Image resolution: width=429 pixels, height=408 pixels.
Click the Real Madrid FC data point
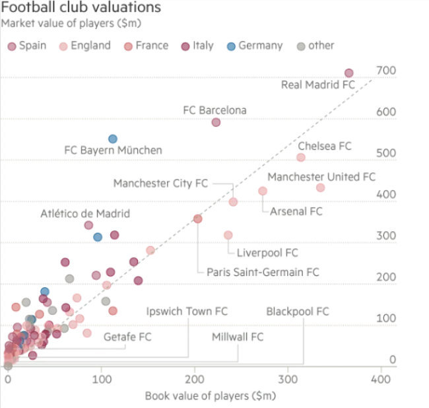pyautogui.click(x=349, y=73)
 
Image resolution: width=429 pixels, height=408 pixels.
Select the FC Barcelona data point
pyautogui.click(x=216, y=122)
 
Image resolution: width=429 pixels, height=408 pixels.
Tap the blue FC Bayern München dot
pyautogui.click(x=113, y=139)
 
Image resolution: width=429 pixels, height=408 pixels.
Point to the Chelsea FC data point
pyautogui.click(x=301, y=157)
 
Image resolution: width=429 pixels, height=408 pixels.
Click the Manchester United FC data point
pyautogui.click(x=321, y=187)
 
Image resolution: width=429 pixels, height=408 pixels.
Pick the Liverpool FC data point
pyautogui.click(x=228, y=235)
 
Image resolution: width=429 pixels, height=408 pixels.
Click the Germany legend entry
pyautogui.click(x=255, y=46)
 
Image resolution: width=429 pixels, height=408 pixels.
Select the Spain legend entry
pyautogui.click(x=26, y=46)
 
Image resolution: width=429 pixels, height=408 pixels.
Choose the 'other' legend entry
pyautogui.click(x=315, y=46)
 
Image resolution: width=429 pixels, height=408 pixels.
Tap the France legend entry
pyautogui.click(x=146, y=46)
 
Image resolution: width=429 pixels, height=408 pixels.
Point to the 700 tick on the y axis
pyautogui.click(x=386, y=71)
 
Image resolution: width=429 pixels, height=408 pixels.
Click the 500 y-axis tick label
pyautogui.click(x=386, y=153)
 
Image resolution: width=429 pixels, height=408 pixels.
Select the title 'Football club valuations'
pyautogui.click(x=81, y=8)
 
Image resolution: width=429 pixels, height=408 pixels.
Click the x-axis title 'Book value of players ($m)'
pyautogui.click(x=210, y=396)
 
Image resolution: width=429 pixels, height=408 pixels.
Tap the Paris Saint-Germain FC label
pyautogui.click(x=263, y=272)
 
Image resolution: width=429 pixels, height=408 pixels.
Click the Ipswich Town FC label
pyautogui.click(x=187, y=311)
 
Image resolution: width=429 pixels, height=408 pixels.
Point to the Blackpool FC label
pyautogui.click(x=298, y=311)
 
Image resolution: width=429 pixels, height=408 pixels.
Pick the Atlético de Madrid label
pyautogui.click(x=85, y=213)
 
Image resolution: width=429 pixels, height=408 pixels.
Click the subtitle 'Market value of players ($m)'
pyautogui.click(x=72, y=24)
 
